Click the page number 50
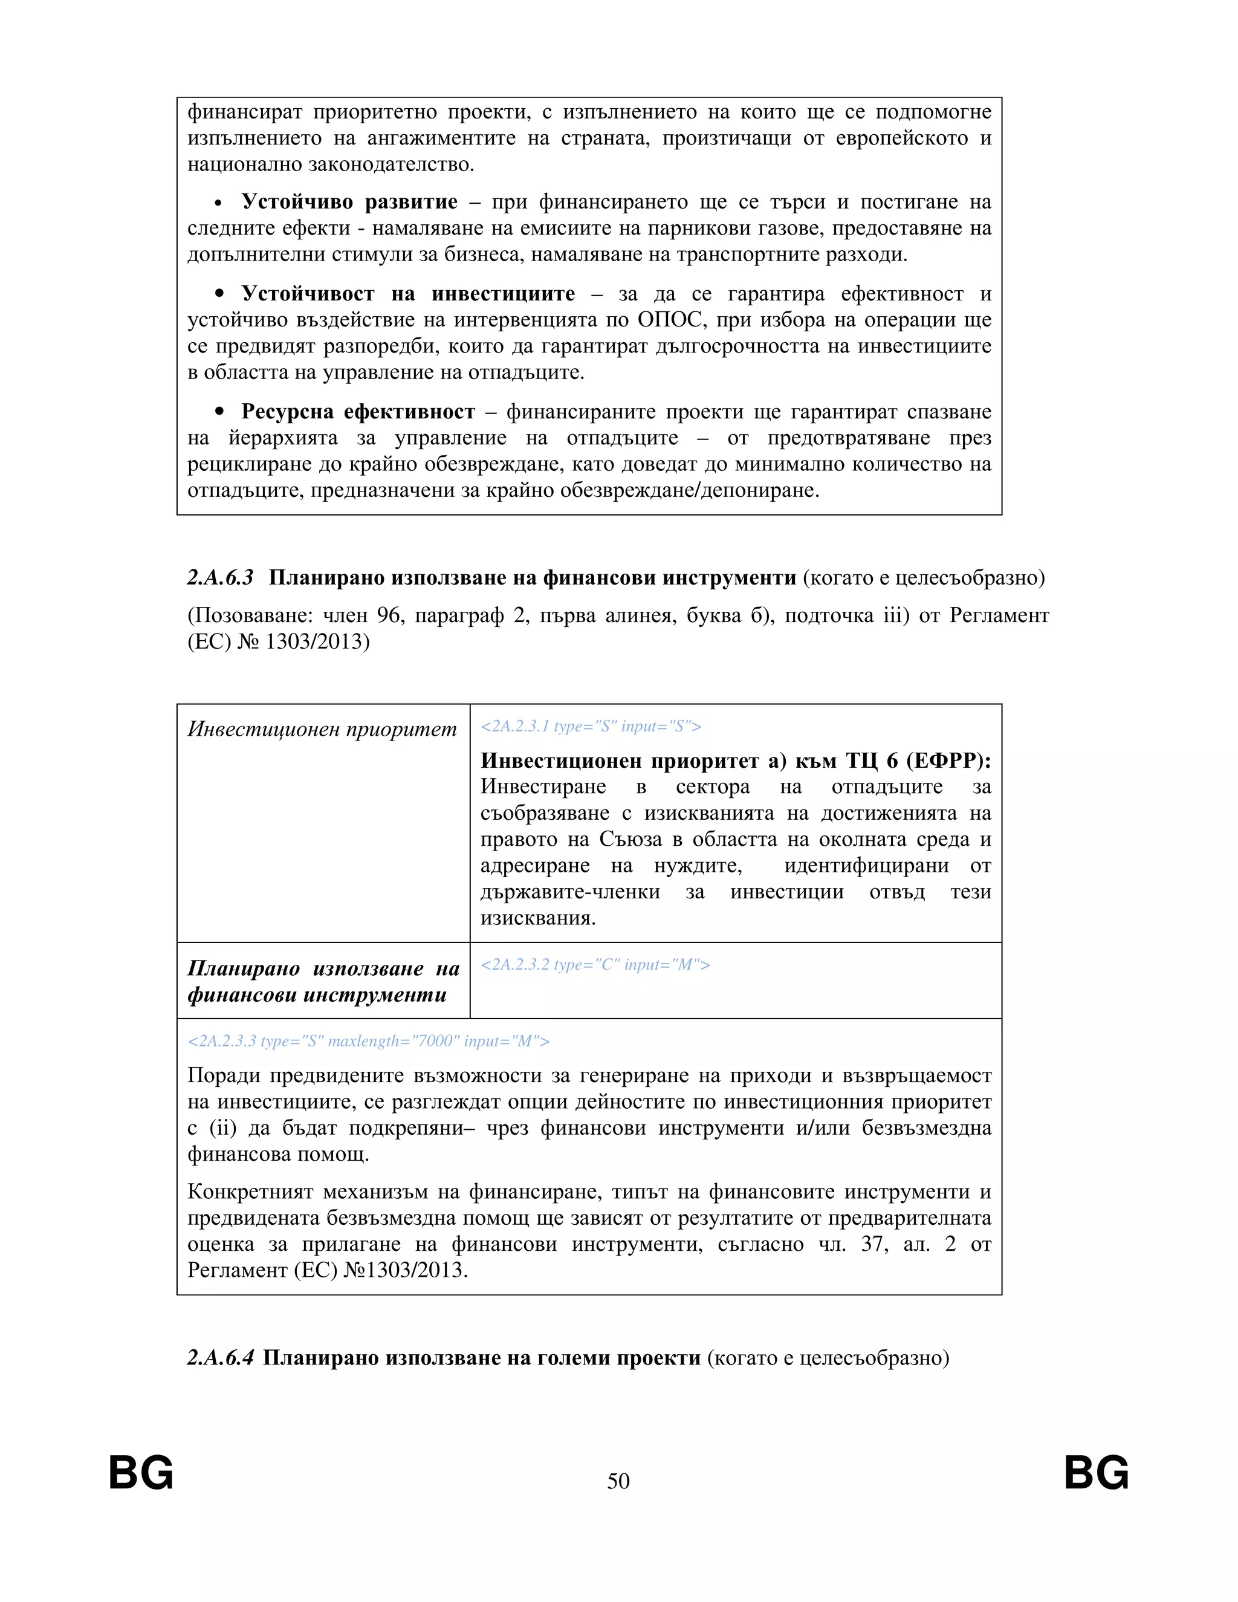(x=618, y=1481)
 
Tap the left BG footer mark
(x=141, y=1473)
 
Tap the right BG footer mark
(x=1097, y=1473)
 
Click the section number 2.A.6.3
(x=220, y=578)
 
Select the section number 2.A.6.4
(x=220, y=1358)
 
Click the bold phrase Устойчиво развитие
(x=349, y=202)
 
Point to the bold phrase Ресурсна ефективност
(x=358, y=412)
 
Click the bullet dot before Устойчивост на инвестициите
(x=219, y=294)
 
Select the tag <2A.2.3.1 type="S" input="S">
(x=591, y=726)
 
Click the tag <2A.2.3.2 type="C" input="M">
(x=595, y=965)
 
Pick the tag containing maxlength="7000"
(x=368, y=1041)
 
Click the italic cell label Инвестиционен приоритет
(x=322, y=729)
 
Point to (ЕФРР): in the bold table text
(x=948, y=760)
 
